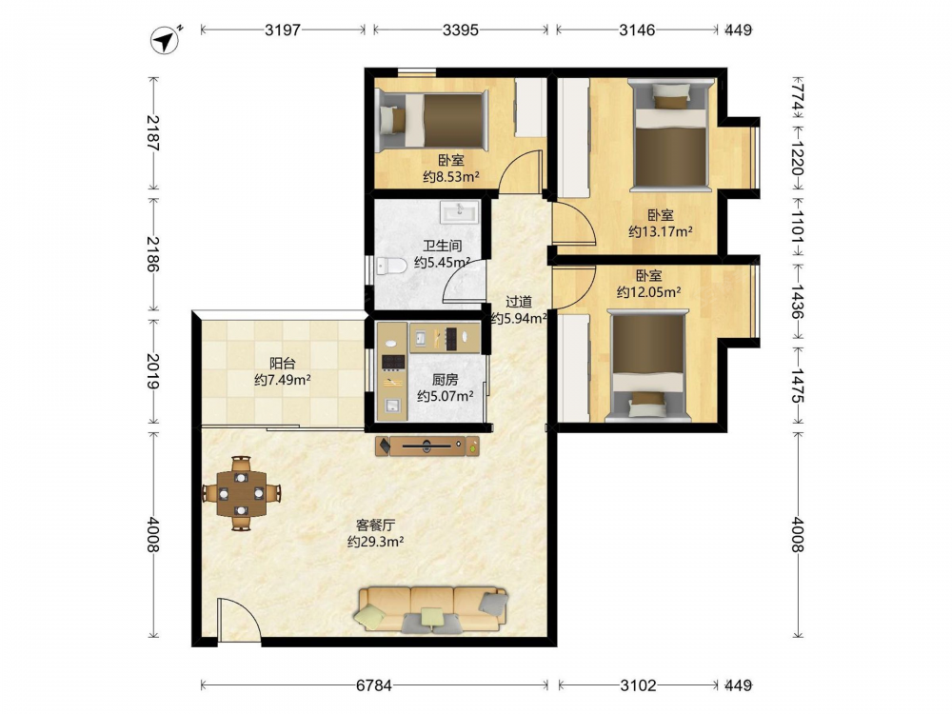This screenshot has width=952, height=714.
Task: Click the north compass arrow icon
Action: [x=165, y=40]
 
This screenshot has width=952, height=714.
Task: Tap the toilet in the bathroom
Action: [x=391, y=266]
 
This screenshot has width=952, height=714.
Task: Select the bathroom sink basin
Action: [x=460, y=212]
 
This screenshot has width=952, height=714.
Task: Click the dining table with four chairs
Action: [x=241, y=493]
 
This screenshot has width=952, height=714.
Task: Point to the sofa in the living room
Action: [x=433, y=609]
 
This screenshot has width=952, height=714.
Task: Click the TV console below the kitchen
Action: [x=427, y=446]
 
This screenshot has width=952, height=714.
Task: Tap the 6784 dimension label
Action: [x=374, y=685]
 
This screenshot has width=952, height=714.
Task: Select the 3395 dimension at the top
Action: [x=460, y=30]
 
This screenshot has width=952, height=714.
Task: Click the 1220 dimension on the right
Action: [x=798, y=158]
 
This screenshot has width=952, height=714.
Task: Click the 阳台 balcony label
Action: [x=283, y=364]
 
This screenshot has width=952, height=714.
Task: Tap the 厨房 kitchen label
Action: [x=445, y=380]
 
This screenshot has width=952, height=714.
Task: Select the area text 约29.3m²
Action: [x=376, y=542]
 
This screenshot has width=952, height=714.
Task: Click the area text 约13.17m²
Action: [x=661, y=231]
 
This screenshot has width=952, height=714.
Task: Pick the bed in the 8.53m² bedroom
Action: [x=431, y=121]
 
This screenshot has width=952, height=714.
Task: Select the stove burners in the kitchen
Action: [x=392, y=362]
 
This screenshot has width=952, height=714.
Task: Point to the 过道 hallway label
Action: [x=519, y=302]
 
